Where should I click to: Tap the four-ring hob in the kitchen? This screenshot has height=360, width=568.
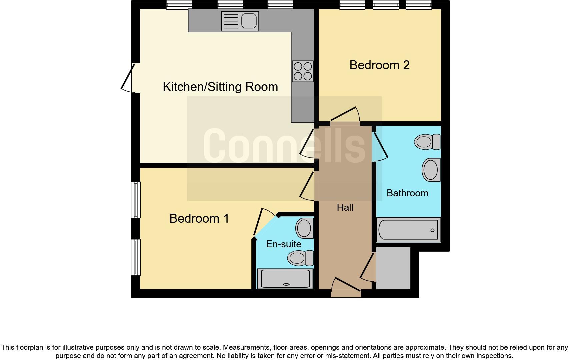[303, 71]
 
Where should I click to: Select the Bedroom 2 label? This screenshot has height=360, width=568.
[379, 65]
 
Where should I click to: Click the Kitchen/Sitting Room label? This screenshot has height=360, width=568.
[220, 87]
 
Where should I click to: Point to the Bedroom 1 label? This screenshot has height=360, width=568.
[199, 218]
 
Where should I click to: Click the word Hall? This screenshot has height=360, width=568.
[345, 207]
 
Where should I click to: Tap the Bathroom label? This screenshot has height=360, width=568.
[407, 193]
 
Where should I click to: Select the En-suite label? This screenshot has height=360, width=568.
[283, 244]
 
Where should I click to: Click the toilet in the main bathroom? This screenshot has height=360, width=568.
[427, 142]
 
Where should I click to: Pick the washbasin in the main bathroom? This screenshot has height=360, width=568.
[431, 170]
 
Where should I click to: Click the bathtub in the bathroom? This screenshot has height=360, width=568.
[408, 230]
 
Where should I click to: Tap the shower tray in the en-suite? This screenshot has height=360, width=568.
[285, 279]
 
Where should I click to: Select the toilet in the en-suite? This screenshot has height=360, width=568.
[300, 258]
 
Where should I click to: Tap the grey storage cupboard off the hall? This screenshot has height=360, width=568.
[393, 268]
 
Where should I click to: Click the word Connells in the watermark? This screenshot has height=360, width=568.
[284, 146]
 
